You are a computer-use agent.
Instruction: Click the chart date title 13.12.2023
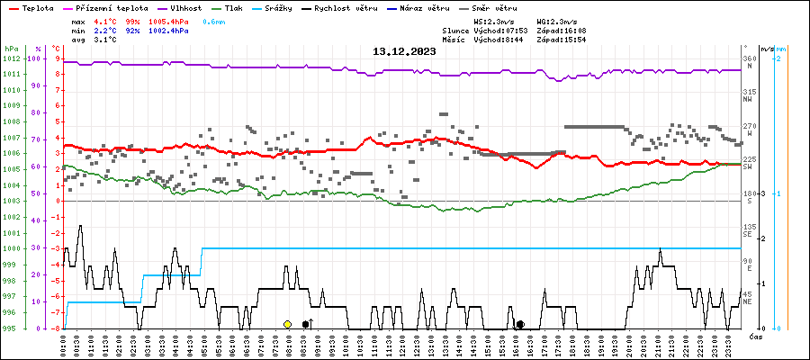click(x=404, y=52)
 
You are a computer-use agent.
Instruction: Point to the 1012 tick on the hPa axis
click(x=11, y=58)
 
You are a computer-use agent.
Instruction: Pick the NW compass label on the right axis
click(x=748, y=100)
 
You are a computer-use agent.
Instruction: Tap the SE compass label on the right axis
click(x=748, y=235)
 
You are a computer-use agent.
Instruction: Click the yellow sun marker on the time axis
click(x=287, y=324)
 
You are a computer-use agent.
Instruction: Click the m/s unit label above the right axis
click(x=766, y=49)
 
